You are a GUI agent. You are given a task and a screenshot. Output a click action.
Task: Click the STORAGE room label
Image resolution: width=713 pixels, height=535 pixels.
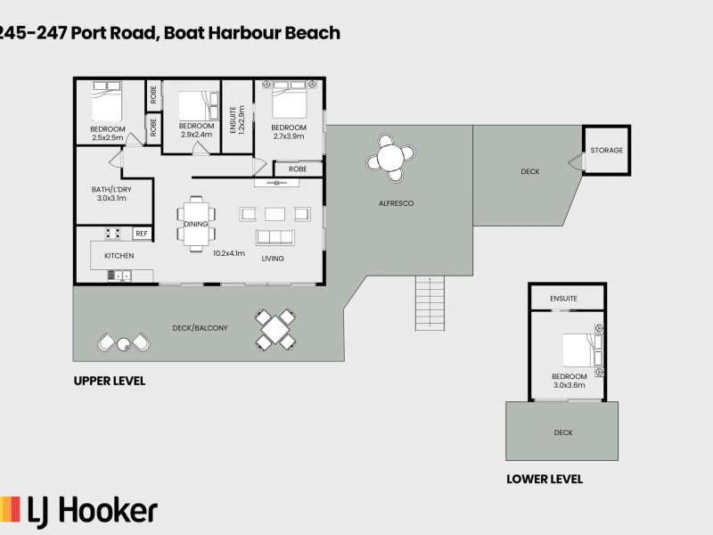tap(606, 151)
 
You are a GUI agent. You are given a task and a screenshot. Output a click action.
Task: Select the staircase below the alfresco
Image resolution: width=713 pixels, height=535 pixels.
tap(430, 303)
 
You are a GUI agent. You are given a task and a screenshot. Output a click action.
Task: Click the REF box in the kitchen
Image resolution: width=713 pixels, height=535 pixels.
tap(141, 234)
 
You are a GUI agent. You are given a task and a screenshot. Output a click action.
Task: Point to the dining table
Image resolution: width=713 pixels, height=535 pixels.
tap(195, 223)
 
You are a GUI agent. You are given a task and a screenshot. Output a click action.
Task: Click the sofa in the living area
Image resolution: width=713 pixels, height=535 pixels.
tap(275, 237)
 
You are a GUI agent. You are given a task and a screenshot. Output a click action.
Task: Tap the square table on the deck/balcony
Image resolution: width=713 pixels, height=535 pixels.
tap(275, 328)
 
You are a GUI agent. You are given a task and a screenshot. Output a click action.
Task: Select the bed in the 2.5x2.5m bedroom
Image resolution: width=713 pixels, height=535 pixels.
tap(107, 102)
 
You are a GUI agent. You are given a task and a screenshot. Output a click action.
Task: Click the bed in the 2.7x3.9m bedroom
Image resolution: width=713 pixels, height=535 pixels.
tap(291, 101)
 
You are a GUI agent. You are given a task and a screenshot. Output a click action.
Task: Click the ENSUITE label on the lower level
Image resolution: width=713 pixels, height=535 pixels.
tap(563, 298)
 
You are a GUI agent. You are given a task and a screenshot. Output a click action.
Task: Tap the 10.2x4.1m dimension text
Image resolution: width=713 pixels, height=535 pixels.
tap(229, 253)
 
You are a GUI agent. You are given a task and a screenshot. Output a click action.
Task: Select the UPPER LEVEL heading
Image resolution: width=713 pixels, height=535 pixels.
tap(109, 381)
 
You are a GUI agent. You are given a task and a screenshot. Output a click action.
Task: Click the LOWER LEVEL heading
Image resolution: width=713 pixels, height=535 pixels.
tap(544, 479)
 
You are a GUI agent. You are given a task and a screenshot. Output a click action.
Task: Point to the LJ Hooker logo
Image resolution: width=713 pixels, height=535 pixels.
tap(80, 510)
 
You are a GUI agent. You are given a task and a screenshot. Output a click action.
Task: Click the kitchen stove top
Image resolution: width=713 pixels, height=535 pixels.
tap(113, 234)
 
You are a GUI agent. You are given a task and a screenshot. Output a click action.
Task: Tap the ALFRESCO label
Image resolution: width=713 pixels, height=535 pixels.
tap(396, 203)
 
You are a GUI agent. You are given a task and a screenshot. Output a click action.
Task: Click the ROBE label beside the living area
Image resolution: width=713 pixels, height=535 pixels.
tap(298, 169)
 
